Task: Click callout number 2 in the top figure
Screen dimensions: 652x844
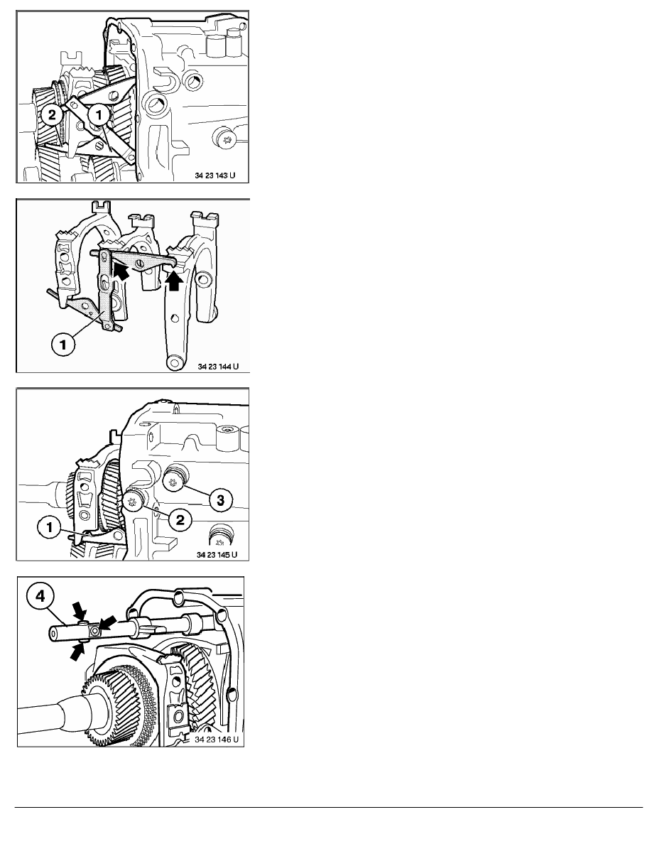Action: [52, 114]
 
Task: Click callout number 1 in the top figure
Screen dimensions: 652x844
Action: [99, 114]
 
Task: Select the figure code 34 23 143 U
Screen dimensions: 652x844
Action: [214, 175]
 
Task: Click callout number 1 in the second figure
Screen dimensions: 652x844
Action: [63, 344]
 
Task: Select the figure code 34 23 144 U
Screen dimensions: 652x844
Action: [218, 367]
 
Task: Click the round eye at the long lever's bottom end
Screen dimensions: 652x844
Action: [174, 362]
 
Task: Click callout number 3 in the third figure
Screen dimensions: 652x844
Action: [221, 501]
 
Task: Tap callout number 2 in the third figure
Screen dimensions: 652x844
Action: [180, 519]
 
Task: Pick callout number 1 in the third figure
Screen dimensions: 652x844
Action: [50, 527]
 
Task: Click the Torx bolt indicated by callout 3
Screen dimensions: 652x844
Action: [174, 480]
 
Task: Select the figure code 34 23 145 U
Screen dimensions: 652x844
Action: [216, 554]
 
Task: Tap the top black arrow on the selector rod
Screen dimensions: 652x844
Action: [79, 611]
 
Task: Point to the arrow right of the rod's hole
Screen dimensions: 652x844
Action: [107, 624]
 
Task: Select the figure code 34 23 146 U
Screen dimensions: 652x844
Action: [216, 740]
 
